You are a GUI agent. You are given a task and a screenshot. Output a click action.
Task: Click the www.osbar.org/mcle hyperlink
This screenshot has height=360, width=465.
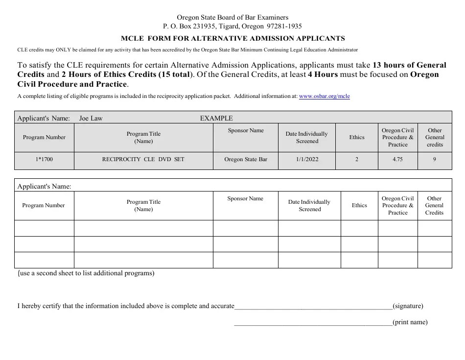point(324,96)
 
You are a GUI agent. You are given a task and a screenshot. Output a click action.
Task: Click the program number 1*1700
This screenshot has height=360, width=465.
point(44,159)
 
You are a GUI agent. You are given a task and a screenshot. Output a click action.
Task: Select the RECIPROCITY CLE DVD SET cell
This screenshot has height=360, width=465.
point(143,159)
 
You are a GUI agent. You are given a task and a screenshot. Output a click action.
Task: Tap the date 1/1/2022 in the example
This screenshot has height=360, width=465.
point(307,159)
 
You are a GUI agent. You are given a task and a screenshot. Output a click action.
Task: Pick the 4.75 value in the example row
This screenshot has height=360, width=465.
point(397,159)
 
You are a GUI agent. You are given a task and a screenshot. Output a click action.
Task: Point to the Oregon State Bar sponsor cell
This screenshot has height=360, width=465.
point(246,159)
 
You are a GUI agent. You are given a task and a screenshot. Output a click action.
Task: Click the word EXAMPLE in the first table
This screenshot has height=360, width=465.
point(216,118)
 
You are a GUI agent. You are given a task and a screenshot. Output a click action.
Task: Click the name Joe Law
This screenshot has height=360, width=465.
point(91,118)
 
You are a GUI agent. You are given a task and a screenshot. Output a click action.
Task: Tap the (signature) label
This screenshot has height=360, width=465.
point(408,306)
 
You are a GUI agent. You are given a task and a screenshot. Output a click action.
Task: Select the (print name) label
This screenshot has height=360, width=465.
point(410,322)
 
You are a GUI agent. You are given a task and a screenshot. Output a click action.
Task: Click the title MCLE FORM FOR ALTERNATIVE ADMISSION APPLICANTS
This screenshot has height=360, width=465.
point(233,38)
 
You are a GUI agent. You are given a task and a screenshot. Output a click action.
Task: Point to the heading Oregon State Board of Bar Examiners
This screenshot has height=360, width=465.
point(232,18)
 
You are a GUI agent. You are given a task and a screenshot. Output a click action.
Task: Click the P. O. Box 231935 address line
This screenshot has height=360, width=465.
point(232,26)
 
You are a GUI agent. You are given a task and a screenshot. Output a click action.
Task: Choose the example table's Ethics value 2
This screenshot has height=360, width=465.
point(357,159)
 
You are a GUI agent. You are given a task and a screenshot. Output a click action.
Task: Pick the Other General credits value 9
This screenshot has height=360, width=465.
point(435,159)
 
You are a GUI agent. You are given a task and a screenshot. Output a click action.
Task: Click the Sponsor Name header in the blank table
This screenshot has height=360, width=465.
point(245,198)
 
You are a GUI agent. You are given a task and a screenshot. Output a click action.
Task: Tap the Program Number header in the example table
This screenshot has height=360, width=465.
point(44,137)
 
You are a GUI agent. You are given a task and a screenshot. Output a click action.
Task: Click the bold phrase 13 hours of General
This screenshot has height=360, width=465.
point(410,65)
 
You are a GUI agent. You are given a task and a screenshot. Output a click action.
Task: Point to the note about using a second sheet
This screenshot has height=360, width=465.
point(86,273)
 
